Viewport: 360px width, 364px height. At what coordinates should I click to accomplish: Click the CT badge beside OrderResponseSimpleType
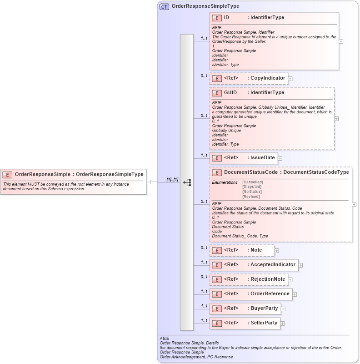pyautogui.click(x=164, y=6)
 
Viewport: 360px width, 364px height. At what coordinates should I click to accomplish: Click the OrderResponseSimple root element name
pyautogui.click(x=42, y=174)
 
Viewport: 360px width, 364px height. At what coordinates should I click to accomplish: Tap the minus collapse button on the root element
pyautogui.click(x=149, y=182)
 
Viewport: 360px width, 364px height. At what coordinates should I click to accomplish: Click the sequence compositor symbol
pyautogui.click(x=187, y=182)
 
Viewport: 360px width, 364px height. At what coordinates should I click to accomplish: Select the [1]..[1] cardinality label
pyautogui.click(x=172, y=179)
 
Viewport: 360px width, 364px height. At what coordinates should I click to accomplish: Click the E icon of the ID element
pyautogui.click(x=217, y=18)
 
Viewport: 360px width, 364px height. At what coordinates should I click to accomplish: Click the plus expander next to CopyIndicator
pyautogui.click(x=290, y=79)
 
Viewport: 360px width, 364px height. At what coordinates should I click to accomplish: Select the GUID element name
pyautogui.click(x=230, y=93)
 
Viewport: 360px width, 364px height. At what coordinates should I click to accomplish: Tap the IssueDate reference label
pyautogui.click(x=263, y=158)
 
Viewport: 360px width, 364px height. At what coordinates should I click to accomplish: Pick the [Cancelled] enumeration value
pyautogui.click(x=253, y=182)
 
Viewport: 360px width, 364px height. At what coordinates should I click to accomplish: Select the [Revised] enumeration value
pyautogui.click(x=251, y=197)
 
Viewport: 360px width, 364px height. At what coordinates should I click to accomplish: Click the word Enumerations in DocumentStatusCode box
pyautogui.click(x=225, y=182)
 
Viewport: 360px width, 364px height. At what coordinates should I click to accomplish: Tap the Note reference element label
pyautogui.click(x=256, y=250)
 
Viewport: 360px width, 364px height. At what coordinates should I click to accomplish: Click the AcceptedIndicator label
pyautogui.click(x=273, y=264)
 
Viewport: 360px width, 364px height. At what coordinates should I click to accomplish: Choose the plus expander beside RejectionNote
pyautogui.click(x=290, y=279)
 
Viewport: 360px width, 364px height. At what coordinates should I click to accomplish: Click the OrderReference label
pyautogui.click(x=270, y=293)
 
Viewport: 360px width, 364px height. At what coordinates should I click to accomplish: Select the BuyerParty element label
pyautogui.click(x=264, y=308)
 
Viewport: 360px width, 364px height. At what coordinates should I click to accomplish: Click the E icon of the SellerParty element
pyautogui.click(x=217, y=323)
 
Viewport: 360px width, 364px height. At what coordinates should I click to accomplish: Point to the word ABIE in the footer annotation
pyautogui.click(x=164, y=339)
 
